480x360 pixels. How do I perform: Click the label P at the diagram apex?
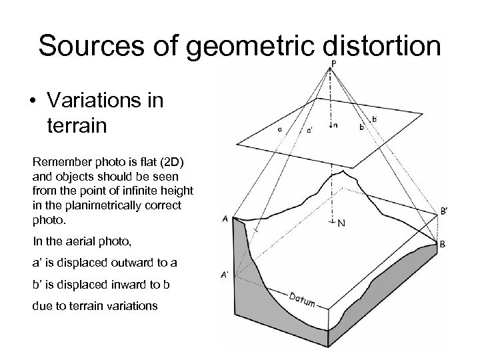333,63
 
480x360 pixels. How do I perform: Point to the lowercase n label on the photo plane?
335,125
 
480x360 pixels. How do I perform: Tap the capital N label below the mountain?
341,223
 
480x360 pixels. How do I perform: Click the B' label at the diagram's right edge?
445,212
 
